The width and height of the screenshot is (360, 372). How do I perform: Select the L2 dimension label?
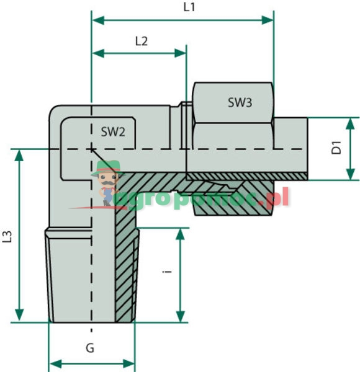coord(142,42)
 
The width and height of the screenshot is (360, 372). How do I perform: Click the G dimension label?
coord(90,348)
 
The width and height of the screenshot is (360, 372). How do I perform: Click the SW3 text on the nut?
coord(240,103)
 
